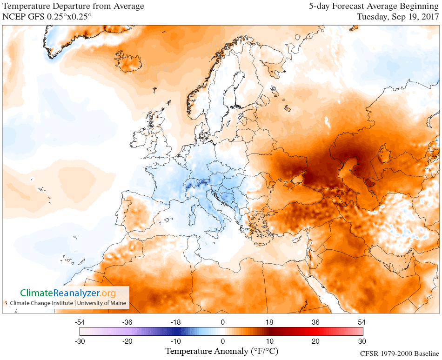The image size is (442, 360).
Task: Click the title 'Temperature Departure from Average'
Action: (74, 7)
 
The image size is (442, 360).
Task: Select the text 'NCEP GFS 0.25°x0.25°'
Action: (47, 17)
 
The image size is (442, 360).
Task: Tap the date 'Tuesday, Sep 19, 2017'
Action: (398, 17)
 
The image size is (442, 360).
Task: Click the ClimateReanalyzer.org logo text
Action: (67, 293)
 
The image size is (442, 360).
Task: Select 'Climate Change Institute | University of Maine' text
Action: (68, 303)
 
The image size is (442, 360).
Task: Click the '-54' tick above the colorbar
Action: (80, 322)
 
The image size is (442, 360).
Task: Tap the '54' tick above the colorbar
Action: (362, 322)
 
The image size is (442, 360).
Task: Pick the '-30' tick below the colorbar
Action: (80, 341)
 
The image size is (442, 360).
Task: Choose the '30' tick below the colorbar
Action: (362, 341)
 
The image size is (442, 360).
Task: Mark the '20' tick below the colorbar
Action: (315, 341)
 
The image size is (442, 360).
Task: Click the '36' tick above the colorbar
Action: (315, 322)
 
